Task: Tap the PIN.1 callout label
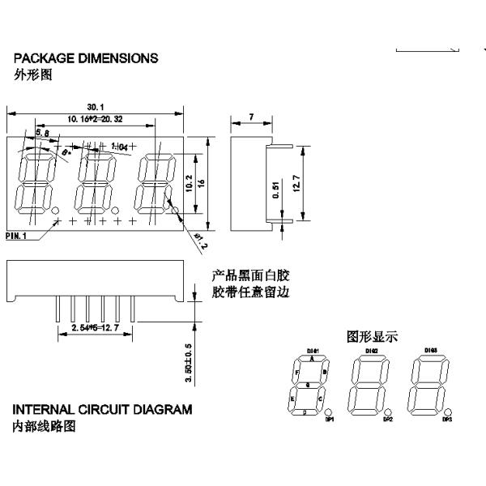[16, 236]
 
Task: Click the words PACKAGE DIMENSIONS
[86, 58]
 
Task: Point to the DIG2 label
[371, 351]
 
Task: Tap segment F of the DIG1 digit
[297, 373]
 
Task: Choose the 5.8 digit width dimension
[42, 132]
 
